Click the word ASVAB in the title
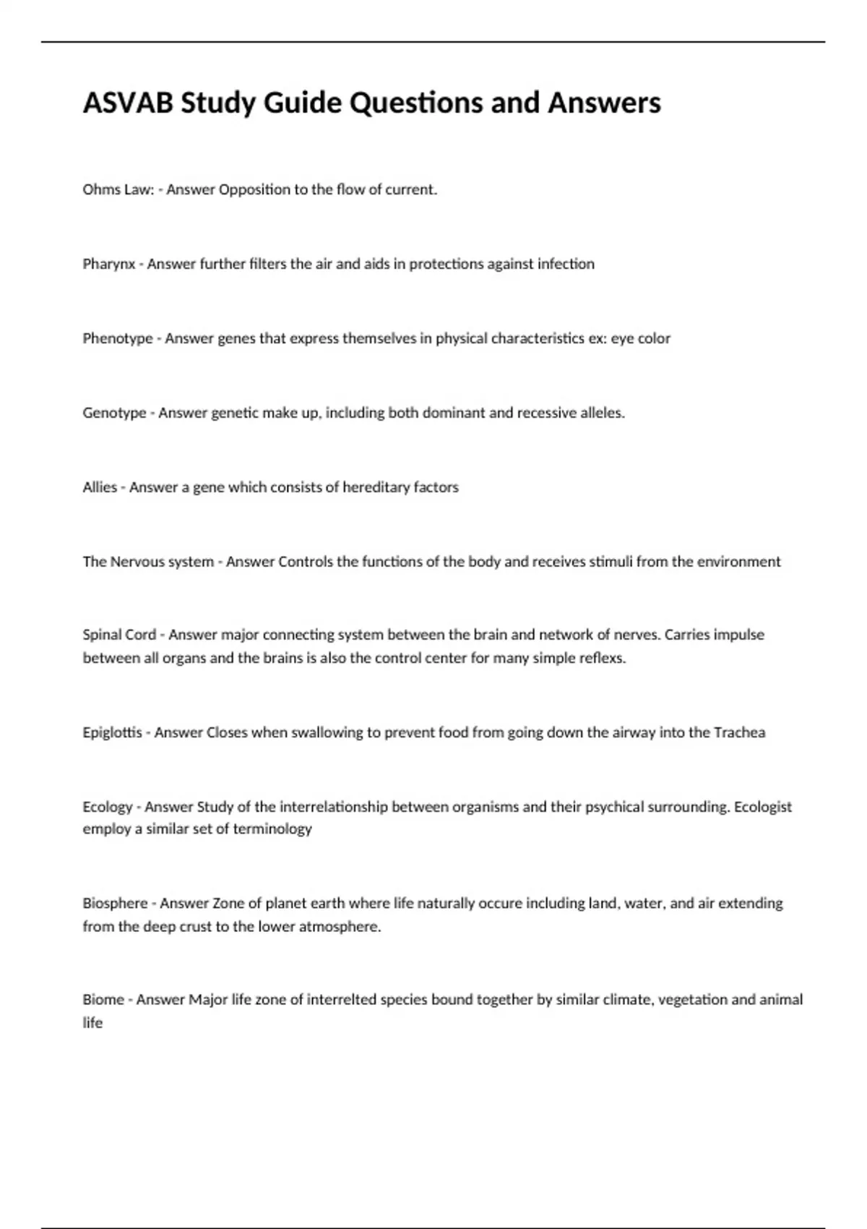(128, 103)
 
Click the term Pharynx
(108, 265)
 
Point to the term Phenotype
(117, 338)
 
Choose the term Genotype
(114, 414)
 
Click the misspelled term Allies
(100, 487)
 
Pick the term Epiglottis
(112, 732)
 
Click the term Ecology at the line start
(108, 807)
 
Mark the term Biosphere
(115, 904)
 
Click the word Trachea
(739, 732)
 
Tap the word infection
(566, 264)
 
